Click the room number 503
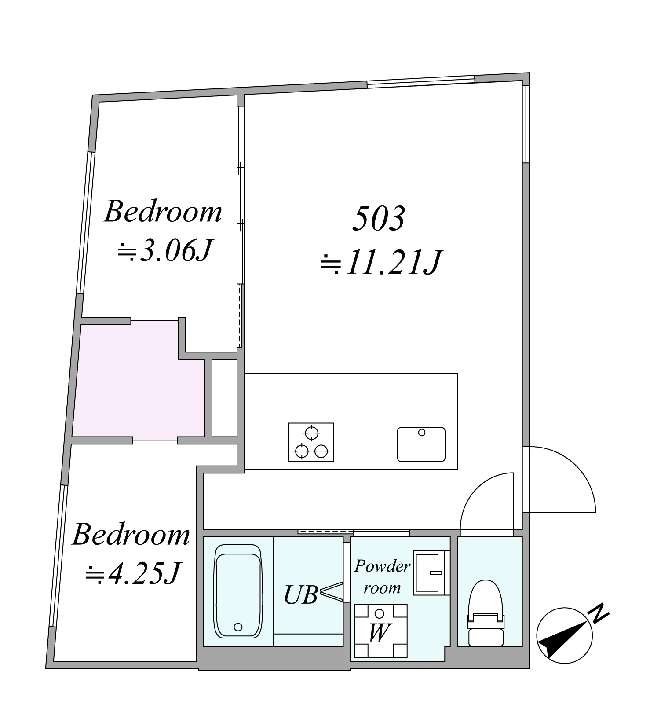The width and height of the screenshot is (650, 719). [x=379, y=218]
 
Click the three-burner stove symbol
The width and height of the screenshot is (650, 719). [x=311, y=442]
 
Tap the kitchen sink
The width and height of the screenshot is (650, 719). [x=421, y=444]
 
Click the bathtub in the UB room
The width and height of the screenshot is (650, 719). [x=237, y=591]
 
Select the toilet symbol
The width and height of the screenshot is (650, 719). [x=486, y=613]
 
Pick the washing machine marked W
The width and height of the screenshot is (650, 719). [x=381, y=631]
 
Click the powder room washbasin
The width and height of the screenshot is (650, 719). [x=431, y=573]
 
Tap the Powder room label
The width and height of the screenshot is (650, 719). [x=382, y=576]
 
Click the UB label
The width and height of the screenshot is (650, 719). [x=301, y=595]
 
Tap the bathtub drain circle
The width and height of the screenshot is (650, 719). [x=238, y=627]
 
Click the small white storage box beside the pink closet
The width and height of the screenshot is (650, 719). [x=225, y=398]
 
